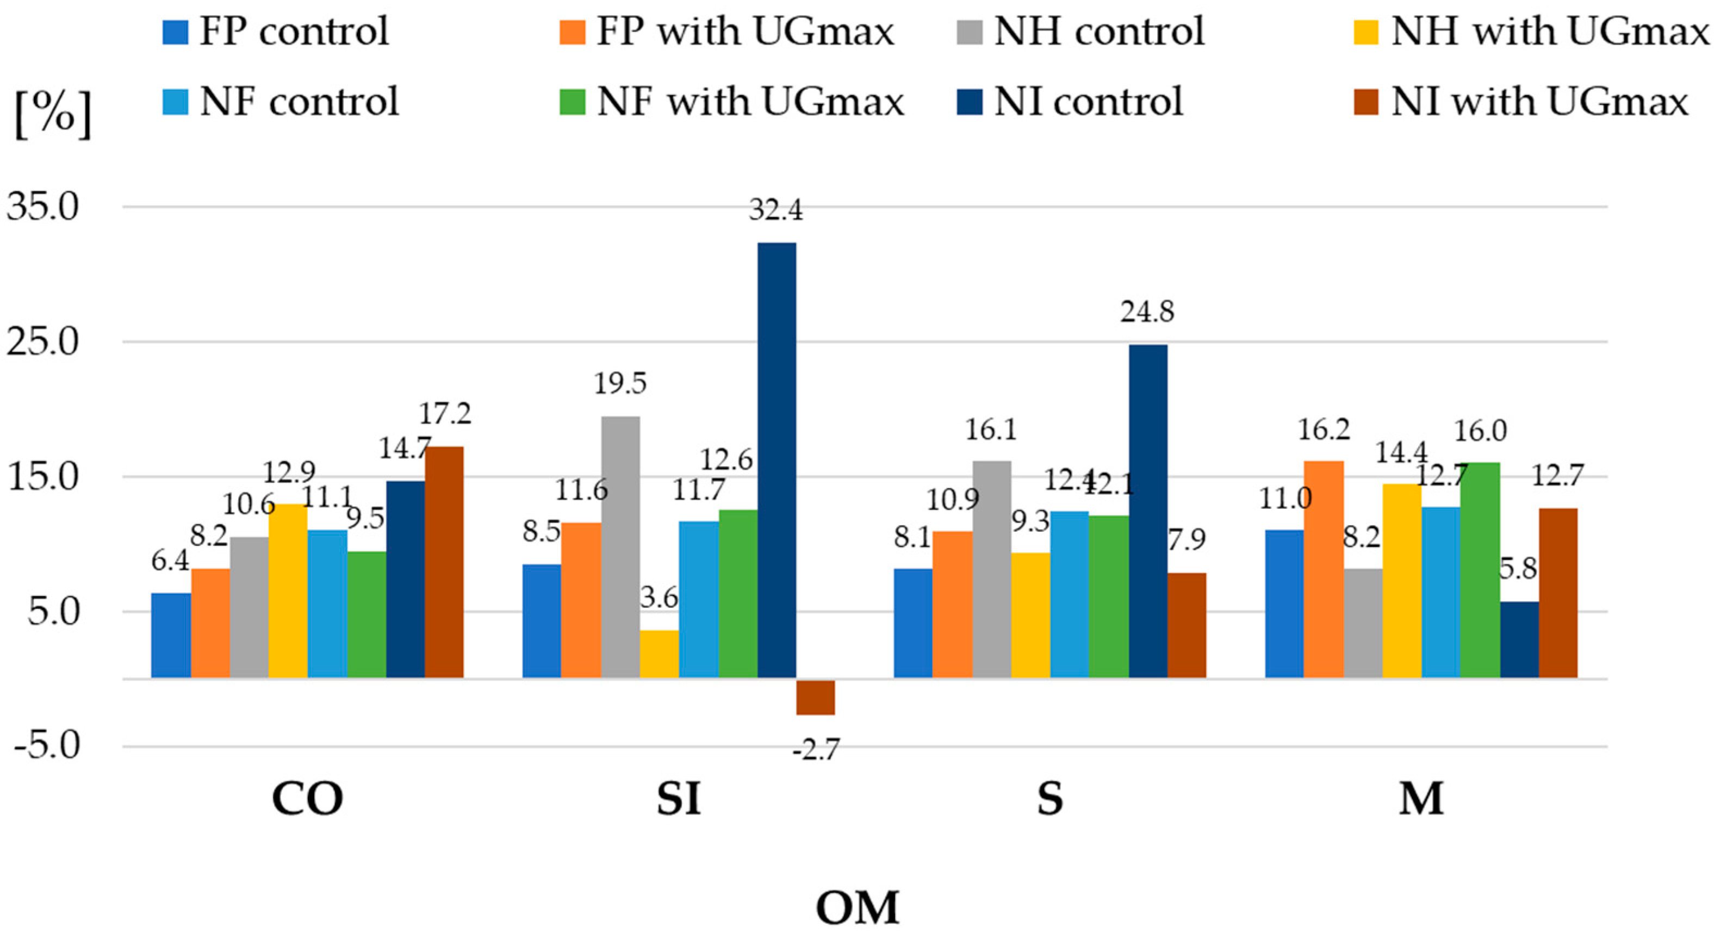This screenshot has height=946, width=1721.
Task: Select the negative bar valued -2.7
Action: click(815, 697)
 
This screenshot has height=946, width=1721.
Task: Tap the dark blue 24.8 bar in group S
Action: click(1148, 511)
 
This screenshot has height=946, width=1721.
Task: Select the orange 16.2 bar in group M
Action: click(1324, 569)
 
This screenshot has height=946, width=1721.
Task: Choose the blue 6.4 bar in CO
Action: click(171, 636)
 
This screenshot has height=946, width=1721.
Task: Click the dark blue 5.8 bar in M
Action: click(1519, 639)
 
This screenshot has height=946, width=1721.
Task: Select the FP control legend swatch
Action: click(175, 32)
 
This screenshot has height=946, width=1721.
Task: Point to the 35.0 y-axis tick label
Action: click(43, 207)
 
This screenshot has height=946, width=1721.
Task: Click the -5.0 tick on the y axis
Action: click(47, 745)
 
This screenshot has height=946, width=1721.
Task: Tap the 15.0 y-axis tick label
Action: click(43, 477)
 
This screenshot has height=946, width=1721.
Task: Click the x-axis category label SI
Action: click(678, 798)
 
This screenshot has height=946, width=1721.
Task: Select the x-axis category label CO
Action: click(307, 798)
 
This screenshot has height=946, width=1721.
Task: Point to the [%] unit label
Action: click(53, 114)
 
